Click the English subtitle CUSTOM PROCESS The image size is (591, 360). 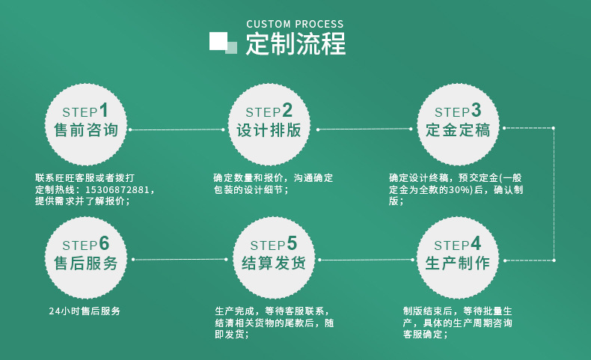tap(295, 24)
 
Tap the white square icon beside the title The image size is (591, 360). tap(218, 40)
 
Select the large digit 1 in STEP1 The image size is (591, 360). tap(103, 110)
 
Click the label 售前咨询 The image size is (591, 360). tap(86, 130)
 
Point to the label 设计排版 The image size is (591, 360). tap(269, 130)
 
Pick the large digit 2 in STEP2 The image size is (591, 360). tap(287, 110)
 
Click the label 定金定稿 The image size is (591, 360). tap(458, 130)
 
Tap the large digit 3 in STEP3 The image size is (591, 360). tap(476, 110)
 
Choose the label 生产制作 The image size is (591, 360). tap(457, 263)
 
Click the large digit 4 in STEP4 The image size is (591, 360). tap(476, 243)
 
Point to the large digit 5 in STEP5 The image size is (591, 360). tap(292, 243)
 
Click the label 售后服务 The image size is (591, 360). tap(86, 263)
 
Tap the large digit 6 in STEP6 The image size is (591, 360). tap(104, 243)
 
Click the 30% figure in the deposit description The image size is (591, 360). tap(458, 190)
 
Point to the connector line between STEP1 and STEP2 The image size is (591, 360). tap(177, 129)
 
